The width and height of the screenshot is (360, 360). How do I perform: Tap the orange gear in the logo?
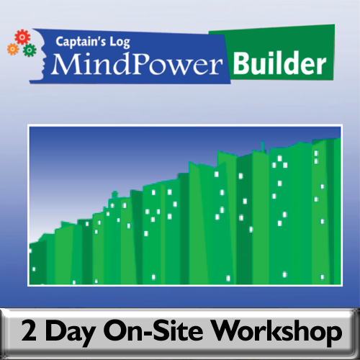[12, 48]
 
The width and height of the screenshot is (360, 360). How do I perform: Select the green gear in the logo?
[29, 50]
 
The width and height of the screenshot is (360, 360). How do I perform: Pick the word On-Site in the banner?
[160, 333]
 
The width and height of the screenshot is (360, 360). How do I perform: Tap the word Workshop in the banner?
[283, 333]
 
